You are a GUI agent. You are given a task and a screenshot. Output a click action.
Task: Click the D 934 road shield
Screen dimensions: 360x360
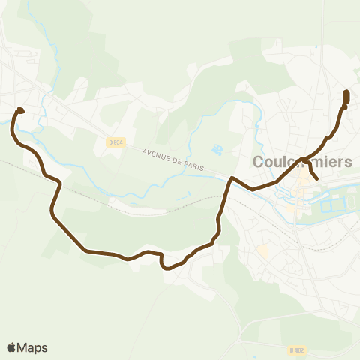pos(115,142)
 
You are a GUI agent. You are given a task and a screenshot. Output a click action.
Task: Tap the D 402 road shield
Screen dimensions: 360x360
pos(297,349)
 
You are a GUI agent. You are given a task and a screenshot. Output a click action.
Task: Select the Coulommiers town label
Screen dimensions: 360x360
pos(302,162)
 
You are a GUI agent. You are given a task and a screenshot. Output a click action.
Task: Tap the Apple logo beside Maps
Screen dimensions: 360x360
pos(11,347)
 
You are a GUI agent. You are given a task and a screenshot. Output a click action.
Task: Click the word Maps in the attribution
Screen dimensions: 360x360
pos(32,347)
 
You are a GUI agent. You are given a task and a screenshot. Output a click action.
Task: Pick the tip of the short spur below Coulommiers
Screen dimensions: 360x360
pos(318,179)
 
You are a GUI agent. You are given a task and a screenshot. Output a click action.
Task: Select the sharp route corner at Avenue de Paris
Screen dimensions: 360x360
pos(232,178)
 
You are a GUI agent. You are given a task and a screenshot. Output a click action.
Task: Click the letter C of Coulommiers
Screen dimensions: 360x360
pos(259,162)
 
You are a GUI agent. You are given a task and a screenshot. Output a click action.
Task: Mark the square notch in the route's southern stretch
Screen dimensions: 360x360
pos(162,259)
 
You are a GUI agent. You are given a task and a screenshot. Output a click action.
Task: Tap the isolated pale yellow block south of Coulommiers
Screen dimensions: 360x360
pos(262,250)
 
